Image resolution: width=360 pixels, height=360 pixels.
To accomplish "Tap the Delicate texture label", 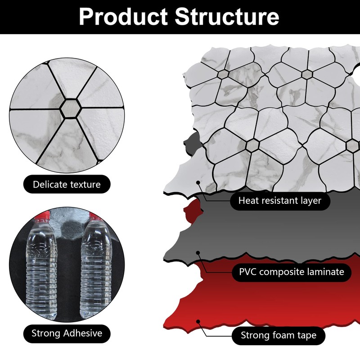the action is [67, 184].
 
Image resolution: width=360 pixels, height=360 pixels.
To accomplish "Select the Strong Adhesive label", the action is [67, 333].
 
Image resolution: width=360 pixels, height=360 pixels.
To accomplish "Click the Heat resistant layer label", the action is [280, 200].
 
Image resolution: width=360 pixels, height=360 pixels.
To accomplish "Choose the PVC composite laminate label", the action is [292, 271].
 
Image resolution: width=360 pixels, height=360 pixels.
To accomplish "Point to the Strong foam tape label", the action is [279, 335].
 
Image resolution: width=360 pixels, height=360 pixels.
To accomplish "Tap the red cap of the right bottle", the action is [95, 217].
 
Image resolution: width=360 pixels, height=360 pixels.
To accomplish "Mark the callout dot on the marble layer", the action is [198, 183].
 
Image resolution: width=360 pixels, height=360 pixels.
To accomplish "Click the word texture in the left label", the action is [84, 184].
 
